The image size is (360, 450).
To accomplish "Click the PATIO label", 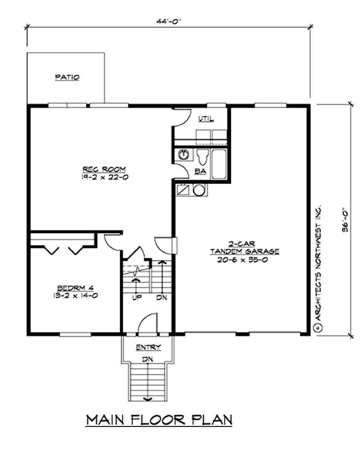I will [x=67, y=77].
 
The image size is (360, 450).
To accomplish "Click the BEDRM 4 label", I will [x=75, y=288].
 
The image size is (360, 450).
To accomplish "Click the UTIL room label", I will [x=206, y=119].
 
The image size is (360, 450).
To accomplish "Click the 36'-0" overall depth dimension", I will [x=344, y=219].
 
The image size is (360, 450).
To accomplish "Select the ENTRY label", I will [x=148, y=348].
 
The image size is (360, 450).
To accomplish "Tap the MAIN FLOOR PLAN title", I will [x=159, y=420].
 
